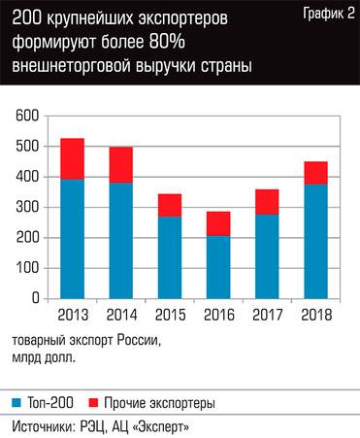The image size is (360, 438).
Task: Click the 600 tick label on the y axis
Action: tap(27, 117)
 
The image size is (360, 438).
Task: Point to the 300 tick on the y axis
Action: tap(27, 207)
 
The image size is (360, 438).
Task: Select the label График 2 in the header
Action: tap(325, 13)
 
